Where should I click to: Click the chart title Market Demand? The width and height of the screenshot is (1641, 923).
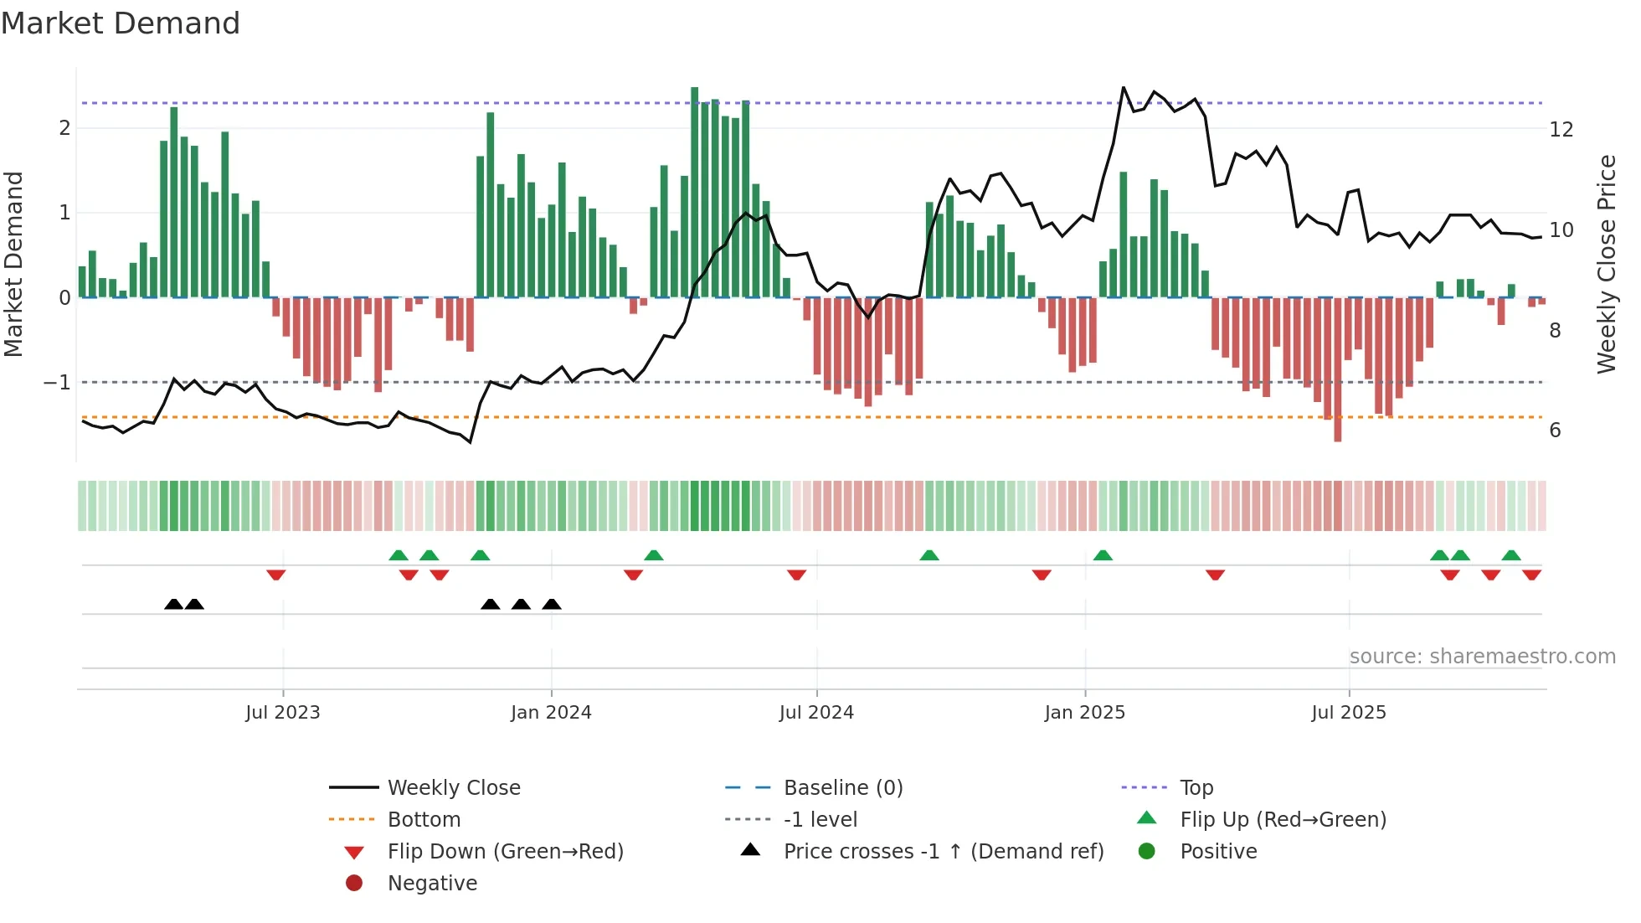[121, 23]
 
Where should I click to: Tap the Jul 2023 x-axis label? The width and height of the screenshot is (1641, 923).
[283, 713]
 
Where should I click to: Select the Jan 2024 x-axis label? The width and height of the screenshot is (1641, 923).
[551, 713]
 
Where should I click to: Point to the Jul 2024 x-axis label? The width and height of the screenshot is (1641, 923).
[816, 713]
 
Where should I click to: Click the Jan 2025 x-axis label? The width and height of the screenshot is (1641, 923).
[1085, 713]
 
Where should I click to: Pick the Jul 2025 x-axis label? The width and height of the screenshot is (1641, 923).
[1349, 713]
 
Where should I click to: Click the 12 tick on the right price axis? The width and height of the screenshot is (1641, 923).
[1561, 130]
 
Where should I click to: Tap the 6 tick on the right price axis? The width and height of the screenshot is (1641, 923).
[1555, 431]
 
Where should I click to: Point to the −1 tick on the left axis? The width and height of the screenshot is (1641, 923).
[58, 383]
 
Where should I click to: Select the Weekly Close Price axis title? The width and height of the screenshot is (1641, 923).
[1606, 264]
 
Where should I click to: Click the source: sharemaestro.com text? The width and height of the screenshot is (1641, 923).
[1482, 657]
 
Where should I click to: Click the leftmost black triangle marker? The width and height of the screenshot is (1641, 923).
[173, 604]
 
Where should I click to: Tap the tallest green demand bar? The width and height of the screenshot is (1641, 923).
[694, 193]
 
